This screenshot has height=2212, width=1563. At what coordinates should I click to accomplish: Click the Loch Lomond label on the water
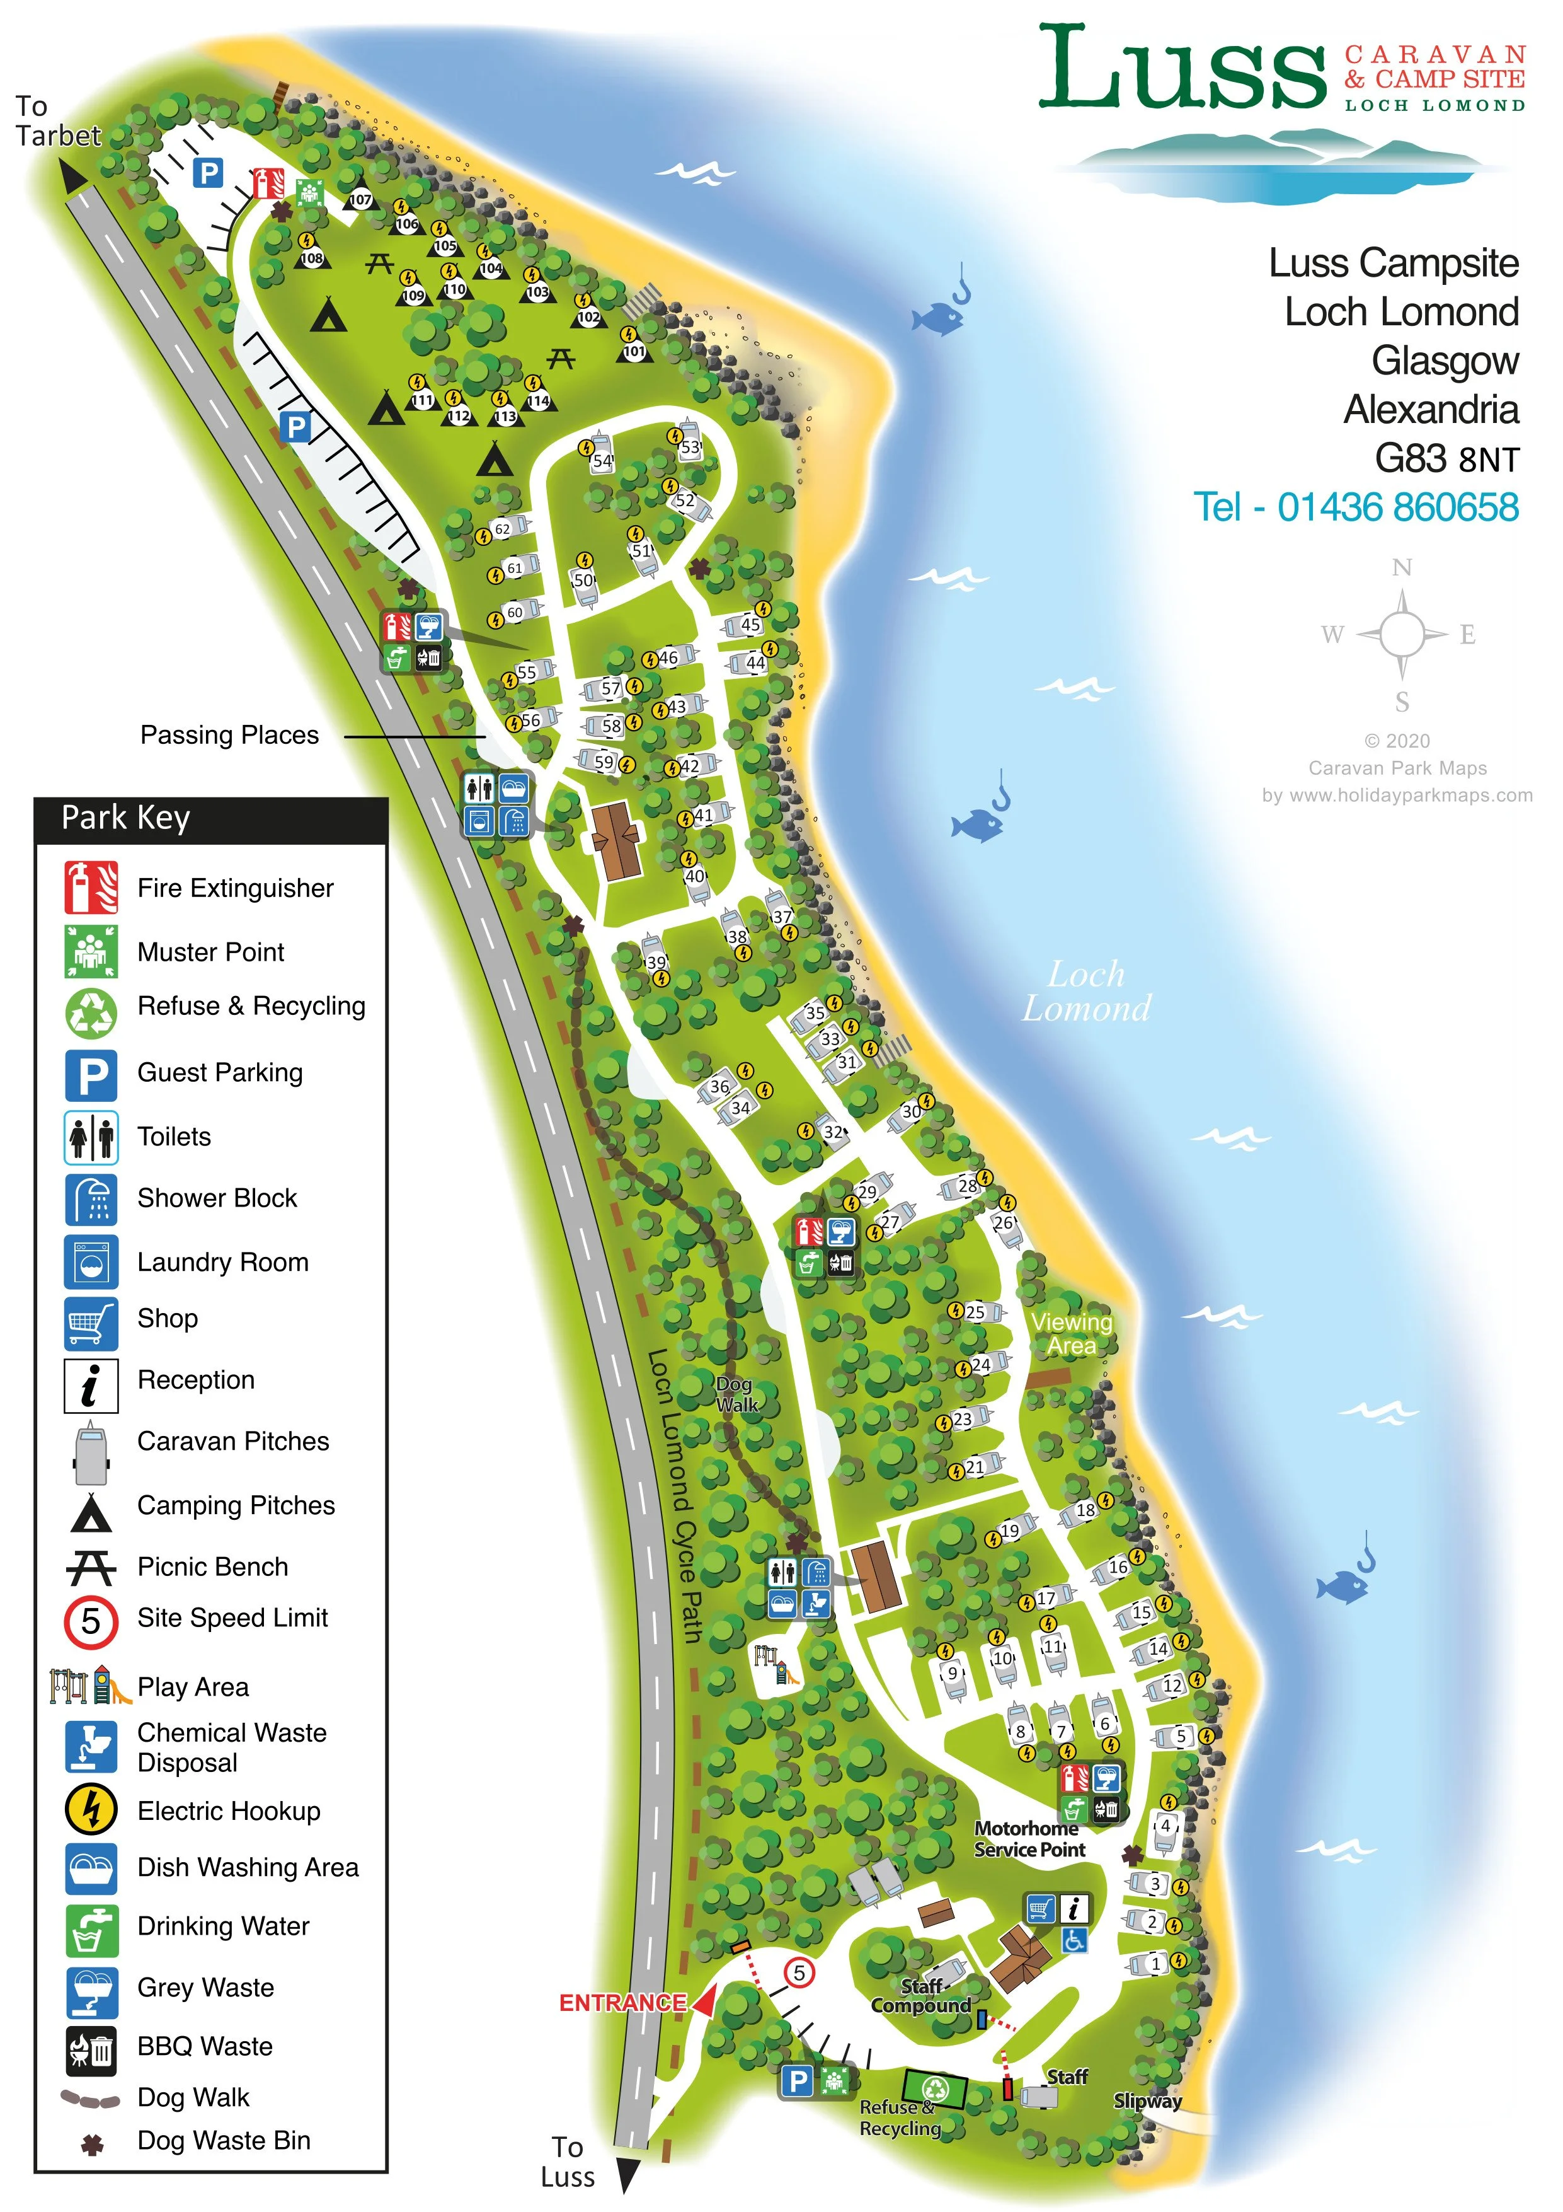tap(1086, 992)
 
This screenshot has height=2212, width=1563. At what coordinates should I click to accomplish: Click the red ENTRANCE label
tap(622, 2003)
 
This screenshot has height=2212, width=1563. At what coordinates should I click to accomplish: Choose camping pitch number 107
tap(360, 199)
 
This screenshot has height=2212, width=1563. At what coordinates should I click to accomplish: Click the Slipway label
tap(1147, 2100)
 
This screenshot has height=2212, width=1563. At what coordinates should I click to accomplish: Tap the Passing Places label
tap(229, 735)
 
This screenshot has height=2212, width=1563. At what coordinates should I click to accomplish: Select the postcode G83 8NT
tap(1446, 458)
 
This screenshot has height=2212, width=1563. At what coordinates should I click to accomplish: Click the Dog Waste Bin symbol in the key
tap(91, 2143)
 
